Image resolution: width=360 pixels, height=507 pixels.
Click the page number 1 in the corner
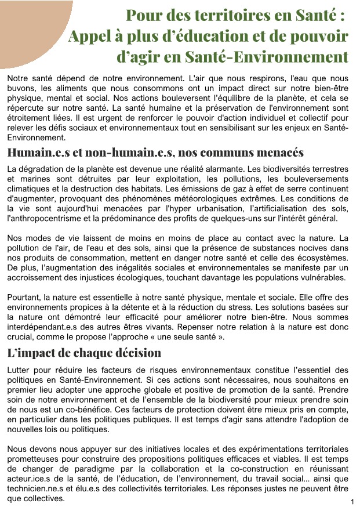pos(352,501)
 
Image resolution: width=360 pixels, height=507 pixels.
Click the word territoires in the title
pos(221,15)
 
